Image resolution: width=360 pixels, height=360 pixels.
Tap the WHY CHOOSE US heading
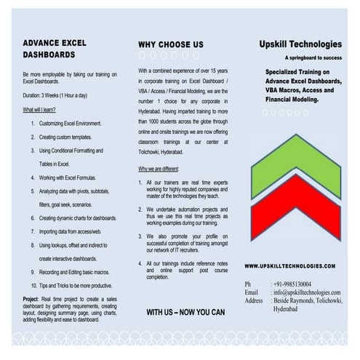pyautogui.click(x=171, y=44)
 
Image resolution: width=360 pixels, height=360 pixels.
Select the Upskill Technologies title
pyautogui.click(x=300, y=44)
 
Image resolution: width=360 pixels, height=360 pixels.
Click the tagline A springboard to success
pyautogui.click(x=313, y=57)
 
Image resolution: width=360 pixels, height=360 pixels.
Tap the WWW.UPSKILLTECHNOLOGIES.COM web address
pyautogui.click(x=290, y=266)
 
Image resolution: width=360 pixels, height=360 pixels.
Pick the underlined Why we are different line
pyautogui.click(x=159, y=169)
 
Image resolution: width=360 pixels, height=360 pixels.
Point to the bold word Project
pyautogui.click(x=31, y=299)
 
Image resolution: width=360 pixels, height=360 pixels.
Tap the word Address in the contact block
pyautogui.click(x=254, y=300)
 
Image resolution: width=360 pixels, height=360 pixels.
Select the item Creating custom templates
pyautogui.click(x=65, y=137)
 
